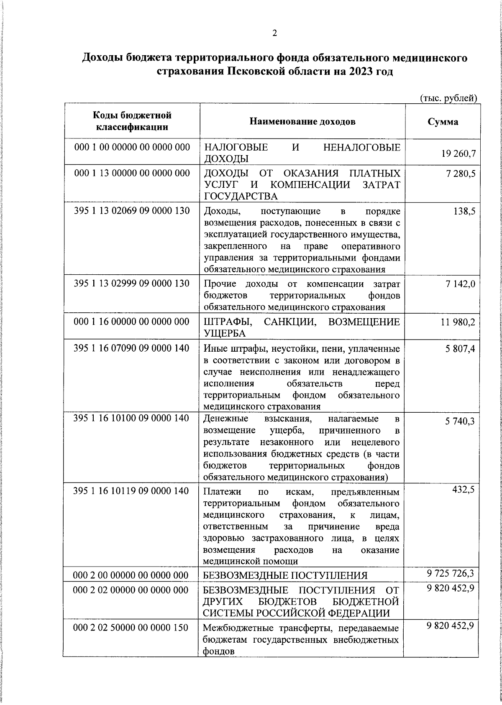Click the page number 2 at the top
point(274,34)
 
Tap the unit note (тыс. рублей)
point(448,98)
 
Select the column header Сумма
point(443,122)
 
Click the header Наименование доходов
point(302,122)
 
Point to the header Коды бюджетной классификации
point(132,121)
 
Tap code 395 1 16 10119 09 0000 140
point(131,490)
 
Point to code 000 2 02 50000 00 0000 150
point(131,628)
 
